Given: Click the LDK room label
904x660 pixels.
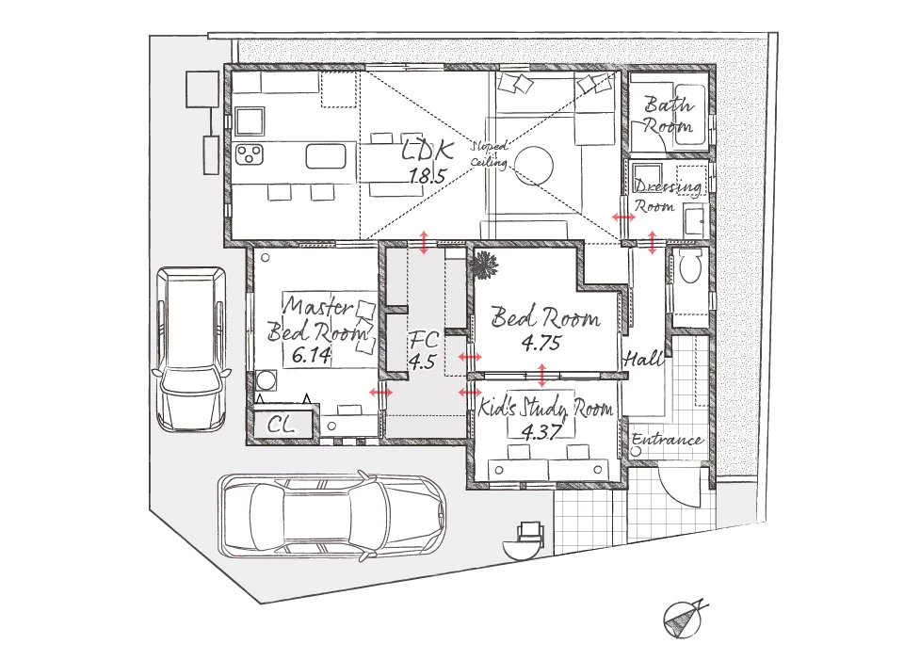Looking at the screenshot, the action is pyautogui.click(x=428, y=150).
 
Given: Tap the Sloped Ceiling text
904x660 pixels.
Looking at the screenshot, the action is pyautogui.click(x=490, y=153).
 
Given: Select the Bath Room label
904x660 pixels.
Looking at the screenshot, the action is pyautogui.click(x=669, y=115).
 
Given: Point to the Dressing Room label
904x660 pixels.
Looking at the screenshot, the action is pyautogui.click(x=668, y=196).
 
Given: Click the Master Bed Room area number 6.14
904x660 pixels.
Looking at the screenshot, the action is pyautogui.click(x=312, y=355).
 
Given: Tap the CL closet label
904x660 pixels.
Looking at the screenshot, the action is pyautogui.click(x=282, y=425).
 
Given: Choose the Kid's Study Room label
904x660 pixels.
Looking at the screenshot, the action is pyautogui.click(x=545, y=408).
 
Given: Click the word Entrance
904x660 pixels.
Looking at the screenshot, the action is pyautogui.click(x=668, y=440).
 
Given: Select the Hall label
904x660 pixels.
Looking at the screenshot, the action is pyautogui.click(x=643, y=359).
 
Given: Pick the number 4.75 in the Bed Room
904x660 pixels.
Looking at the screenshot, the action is pyautogui.click(x=541, y=343).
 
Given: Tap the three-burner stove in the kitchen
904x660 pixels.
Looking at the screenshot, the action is pyautogui.click(x=250, y=153).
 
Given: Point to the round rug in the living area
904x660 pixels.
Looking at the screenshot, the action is pyautogui.click(x=534, y=166).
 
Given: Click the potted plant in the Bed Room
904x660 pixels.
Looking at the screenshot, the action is pyautogui.click(x=483, y=266).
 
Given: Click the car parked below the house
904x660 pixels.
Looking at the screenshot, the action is pyautogui.click(x=331, y=515).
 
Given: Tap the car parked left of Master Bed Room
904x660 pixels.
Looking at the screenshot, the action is pyautogui.click(x=190, y=348).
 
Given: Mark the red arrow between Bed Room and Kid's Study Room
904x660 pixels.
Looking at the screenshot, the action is pyautogui.click(x=542, y=376).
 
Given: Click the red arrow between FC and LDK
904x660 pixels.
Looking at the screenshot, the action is pyautogui.click(x=424, y=243).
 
